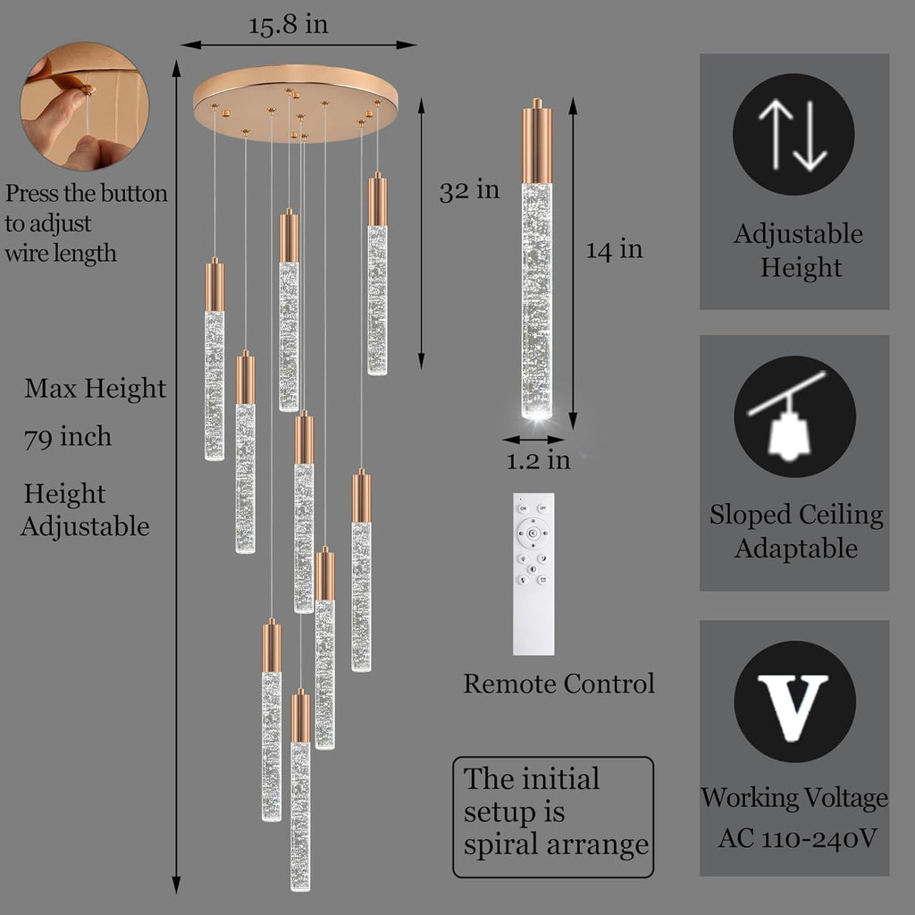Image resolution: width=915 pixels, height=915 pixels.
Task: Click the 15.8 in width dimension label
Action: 289,25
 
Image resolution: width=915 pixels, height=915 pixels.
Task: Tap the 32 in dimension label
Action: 469,191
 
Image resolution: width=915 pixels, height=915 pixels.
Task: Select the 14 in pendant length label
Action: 614,250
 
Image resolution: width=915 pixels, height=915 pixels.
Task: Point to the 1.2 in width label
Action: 537,460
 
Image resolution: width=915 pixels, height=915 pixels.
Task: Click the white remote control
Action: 533,575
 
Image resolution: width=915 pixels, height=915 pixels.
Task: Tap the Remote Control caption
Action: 558,684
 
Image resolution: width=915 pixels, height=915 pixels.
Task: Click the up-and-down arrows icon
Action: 793,134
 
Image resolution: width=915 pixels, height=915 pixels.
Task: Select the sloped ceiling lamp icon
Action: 794,416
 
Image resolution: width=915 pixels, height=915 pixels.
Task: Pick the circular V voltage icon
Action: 794,701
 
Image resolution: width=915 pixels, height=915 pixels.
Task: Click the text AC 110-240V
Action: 797,838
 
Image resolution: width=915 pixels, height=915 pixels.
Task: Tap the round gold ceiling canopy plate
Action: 295,103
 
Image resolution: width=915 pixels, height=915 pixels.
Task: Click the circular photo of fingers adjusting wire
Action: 85,106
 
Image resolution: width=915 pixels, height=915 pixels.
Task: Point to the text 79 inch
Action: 68,437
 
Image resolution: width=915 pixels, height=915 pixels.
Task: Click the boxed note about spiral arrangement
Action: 553,817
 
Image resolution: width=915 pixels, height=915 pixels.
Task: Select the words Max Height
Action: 95,389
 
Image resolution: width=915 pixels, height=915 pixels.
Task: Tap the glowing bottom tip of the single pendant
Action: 536,413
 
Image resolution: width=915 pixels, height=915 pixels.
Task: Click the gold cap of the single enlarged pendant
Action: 536,142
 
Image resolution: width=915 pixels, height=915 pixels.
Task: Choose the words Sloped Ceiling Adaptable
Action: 796,531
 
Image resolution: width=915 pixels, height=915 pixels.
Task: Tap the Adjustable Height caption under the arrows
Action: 798,250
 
